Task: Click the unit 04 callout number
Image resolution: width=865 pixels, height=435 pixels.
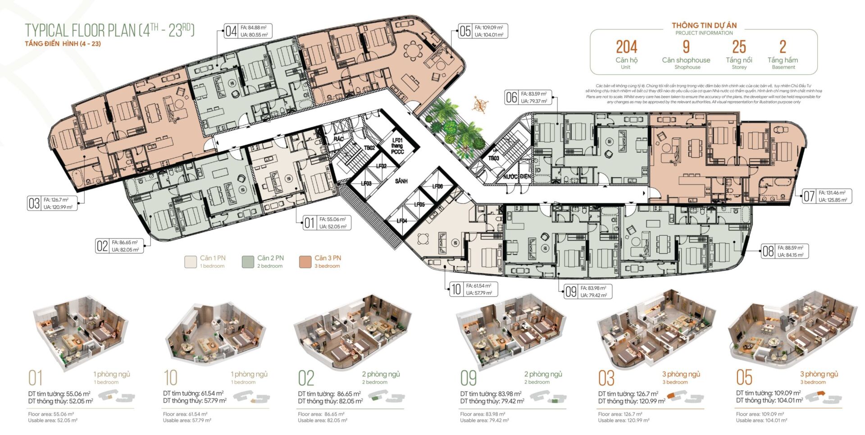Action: (x=231, y=31)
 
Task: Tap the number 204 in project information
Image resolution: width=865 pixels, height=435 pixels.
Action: (x=626, y=47)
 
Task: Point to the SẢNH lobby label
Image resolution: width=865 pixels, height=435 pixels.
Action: (x=401, y=181)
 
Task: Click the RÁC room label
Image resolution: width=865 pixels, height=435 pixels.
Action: (x=339, y=139)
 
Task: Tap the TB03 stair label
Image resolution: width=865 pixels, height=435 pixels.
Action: (x=494, y=158)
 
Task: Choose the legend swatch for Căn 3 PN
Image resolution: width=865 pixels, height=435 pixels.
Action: (x=305, y=261)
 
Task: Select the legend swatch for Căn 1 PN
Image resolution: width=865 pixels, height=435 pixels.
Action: (x=191, y=261)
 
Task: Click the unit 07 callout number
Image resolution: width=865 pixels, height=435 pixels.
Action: (x=809, y=196)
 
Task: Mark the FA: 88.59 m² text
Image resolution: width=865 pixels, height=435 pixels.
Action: (x=790, y=248)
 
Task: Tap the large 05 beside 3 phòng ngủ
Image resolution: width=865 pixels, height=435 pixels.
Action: (x=744, y=377)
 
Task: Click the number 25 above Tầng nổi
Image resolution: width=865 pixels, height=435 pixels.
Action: (x=739, y=47)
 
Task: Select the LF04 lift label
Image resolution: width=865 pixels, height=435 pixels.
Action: (x=402, y=221)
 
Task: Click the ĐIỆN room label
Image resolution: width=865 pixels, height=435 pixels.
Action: (x=525, y=176)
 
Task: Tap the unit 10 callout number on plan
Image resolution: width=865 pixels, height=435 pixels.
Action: (x=456, y=289)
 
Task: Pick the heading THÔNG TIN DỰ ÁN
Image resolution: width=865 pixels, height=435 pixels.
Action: (x=704, y=25)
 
